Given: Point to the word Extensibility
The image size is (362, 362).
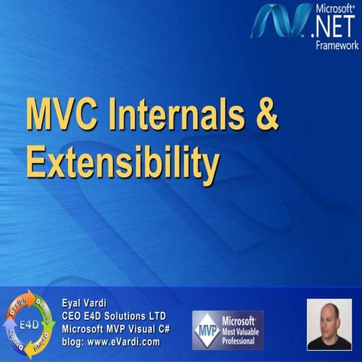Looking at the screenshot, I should click(121, 160).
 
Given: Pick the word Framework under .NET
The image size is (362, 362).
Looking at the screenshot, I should click(336, 45).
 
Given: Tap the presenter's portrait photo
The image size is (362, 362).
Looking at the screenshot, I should click(329, 324).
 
